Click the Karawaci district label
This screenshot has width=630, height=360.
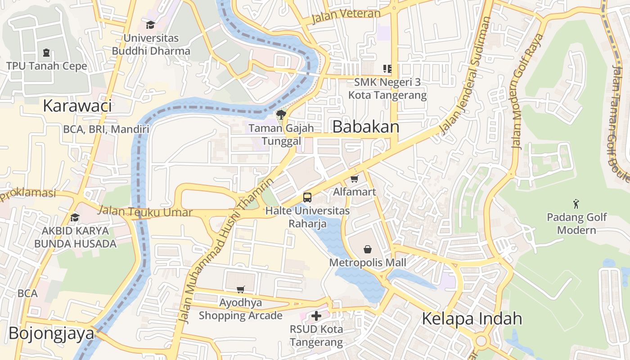[x=77, y=106]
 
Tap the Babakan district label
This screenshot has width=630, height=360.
[x=365, y=127]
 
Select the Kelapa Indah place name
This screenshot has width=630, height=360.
[x=472, y=319]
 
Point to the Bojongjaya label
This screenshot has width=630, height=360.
[x=51, y=334]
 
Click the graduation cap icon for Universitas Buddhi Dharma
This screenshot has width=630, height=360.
[x=150, y=25]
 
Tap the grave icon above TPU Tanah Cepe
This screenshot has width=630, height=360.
[x=46, y=53]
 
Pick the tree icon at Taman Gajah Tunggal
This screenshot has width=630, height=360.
[x=281, y=114]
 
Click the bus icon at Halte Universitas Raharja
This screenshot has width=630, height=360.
[x=307, y=197]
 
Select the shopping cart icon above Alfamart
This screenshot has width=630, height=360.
[x=355, y=179]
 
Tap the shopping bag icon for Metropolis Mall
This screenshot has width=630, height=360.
[x=368, y=249]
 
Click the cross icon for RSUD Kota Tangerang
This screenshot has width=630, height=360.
[x=316, y=316]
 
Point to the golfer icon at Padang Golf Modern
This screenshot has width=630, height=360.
[x=576, y=204]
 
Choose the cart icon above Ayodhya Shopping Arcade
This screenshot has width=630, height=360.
[x=241, y=289]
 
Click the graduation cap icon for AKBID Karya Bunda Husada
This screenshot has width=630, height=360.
[x=75, y=218]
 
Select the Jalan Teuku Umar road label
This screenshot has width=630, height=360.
[x=145, y=211]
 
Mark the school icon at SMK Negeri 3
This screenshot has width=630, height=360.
[x=387, y=69]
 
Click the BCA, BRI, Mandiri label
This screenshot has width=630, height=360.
[x=106, y=130]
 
